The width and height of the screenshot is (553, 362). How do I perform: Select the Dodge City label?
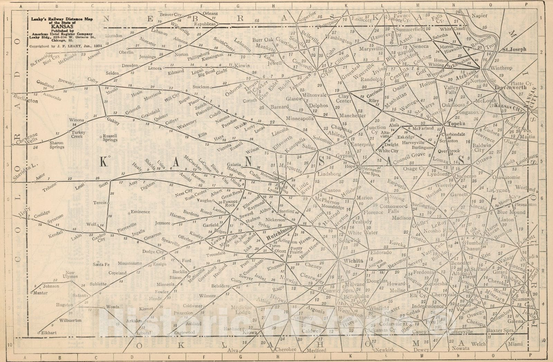click(153, 251)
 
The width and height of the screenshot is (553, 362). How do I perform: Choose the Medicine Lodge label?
click(242, 309)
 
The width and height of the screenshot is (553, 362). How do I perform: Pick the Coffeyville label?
click(460, 332)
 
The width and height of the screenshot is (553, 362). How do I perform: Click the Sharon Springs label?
click(57, 145)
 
